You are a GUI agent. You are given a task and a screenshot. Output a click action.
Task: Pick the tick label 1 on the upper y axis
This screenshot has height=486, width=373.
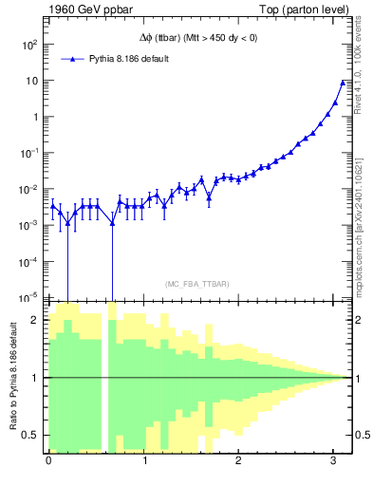pyautogui.click(x=36, y=117)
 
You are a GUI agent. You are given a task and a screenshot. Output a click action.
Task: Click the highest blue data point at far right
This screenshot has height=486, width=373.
pyautogui.click(x=343, y=83)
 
